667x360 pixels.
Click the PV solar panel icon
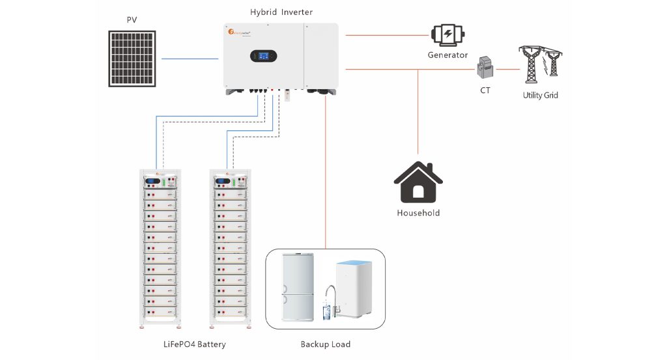pos(132,59)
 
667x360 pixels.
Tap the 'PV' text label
pos(132,20)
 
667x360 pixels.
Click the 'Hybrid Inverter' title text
pos(281,12)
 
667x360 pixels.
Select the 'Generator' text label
pos(447,55)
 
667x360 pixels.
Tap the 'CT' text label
pos(485,90)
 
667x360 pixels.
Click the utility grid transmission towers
pos(540,64)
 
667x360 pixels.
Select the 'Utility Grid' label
pos(540,95)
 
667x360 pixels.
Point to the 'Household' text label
pos(418,213)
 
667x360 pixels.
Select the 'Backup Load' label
pos(325,344)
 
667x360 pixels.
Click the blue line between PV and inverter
pos(190,59)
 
